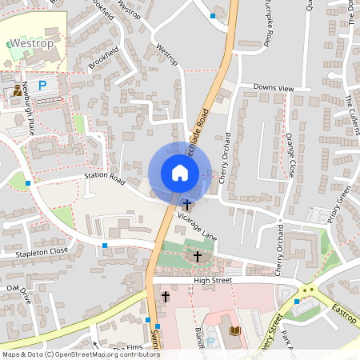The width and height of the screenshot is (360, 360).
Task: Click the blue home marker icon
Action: tap(179, 172)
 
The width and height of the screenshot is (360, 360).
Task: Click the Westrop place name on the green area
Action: tap(31, 43)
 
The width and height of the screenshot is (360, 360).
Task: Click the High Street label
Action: tap(212, 281)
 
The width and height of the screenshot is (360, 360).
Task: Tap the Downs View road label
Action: tap(274, 87)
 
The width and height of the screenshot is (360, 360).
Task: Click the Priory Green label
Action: tap(344, 203)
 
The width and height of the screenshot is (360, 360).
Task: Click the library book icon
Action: tap(234, 330)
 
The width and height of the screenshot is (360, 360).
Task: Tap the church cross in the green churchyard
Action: tap(197, 256)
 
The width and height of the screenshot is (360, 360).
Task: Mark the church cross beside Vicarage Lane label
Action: tap(186, 205)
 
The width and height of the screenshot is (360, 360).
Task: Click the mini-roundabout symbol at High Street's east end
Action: tap(307, 290)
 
